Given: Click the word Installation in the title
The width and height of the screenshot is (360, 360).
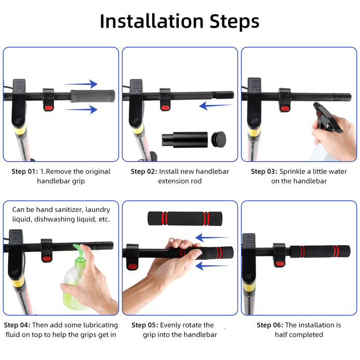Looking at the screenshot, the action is (x=152, y=21).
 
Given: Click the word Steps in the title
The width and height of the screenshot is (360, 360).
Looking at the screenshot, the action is (x=234, y=22).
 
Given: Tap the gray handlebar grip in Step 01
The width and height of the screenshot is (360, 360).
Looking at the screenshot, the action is (x=93, y=96).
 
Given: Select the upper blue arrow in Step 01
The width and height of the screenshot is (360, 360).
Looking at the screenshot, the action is (x=81, y=84).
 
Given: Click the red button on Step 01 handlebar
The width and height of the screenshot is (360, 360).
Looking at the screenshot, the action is (x=49, y=108).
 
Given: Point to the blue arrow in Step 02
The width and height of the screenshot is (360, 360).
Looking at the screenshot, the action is (x=216, y=105).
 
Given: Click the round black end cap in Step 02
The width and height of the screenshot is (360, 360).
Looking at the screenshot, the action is (x=219, y=139).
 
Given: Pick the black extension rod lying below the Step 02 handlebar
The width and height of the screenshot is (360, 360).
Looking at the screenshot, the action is (x=185, y=140).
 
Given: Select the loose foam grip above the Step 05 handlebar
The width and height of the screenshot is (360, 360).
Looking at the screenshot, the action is (x=185, y=219).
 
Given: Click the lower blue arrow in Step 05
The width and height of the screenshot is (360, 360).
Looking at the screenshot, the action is (x=212, y=266).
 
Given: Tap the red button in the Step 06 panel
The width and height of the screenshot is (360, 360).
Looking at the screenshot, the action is (x=279, y=263).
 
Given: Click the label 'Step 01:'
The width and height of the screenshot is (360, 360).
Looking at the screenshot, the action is (x=25, y=171).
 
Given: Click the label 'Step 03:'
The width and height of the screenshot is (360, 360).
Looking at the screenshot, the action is (x=264, y=171).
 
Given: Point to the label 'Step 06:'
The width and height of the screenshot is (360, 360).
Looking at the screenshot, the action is (x=270, y=325).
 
